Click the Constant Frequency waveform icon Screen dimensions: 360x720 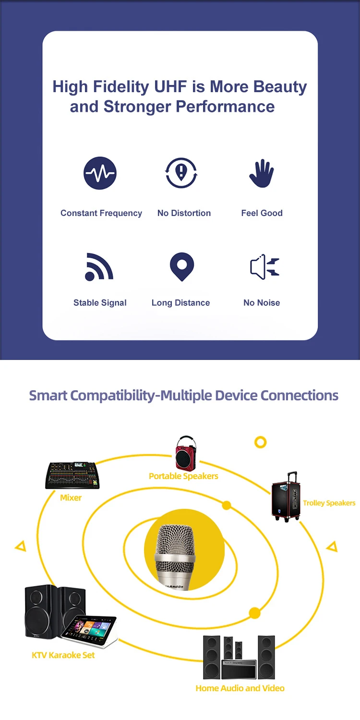click(100, 173)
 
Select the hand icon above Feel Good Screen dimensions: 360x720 click(262, 173)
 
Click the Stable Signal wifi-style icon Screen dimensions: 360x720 click(99, 266)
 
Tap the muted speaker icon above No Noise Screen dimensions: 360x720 click(264, 266)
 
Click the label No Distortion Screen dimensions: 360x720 click(184, 213)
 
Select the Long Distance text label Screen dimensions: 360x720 click(180, 303)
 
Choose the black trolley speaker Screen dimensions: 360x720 click(286, 496)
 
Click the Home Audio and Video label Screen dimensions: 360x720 click(240, 688)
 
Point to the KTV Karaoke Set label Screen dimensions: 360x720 click(63, 655)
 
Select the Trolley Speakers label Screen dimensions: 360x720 click(329, 503)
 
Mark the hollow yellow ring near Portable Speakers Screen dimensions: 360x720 click(260, 442)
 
